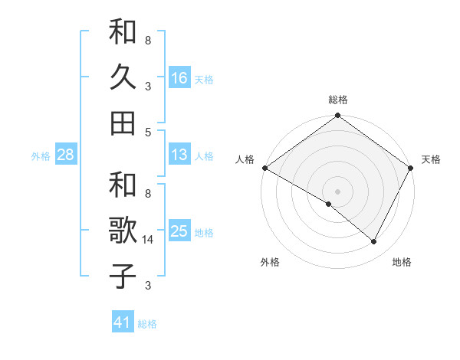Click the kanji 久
click(123, 77)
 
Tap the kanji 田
click(123, 123)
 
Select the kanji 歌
click(123, 231)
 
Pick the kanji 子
click(123, 276)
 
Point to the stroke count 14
click(148, 240)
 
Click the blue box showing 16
click(179, 78)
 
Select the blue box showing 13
click(179, 155)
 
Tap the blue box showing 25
click(179, 231)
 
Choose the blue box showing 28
click(66, 155)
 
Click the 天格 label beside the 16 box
click(203, 79)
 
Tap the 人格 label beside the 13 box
click(203, 155)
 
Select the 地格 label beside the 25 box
click(203, 232)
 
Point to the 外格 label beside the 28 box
click(41, 155)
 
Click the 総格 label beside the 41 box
click(147, 323)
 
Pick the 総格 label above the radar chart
click(337, 100)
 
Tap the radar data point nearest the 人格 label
click(264, 168)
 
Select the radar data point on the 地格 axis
click(374, 242)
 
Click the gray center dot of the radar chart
click(337, 191)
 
